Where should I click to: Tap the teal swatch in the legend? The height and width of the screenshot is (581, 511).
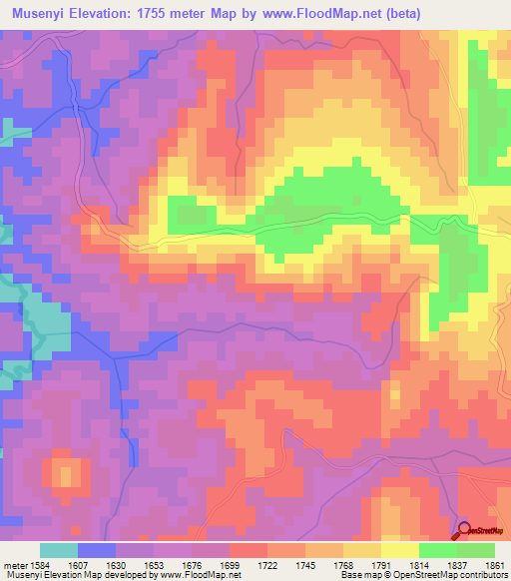pyautogui.click(x=59, y=550)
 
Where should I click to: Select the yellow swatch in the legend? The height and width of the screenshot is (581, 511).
pyautogui.click(x=400, y=550)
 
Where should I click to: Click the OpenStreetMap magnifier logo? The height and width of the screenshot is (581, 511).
pyautogui.click(x=463, y=530)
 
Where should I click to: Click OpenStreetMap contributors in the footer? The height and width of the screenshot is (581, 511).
pyautogui.click(x=454, y=576)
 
